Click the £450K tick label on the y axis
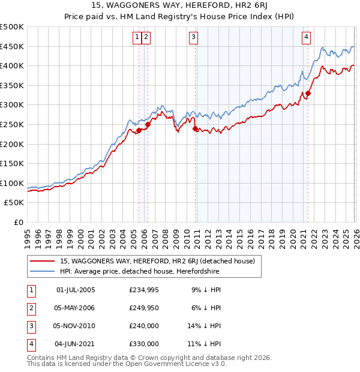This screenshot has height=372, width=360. [12, 46]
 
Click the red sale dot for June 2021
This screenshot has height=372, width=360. [308, 93]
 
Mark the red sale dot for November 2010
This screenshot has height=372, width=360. [195, 128]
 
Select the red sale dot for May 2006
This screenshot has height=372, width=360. [148, 124]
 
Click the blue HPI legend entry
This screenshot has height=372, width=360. [139, 272]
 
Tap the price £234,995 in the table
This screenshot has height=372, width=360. [144, 290]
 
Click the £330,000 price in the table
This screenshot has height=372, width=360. [144, 344]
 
